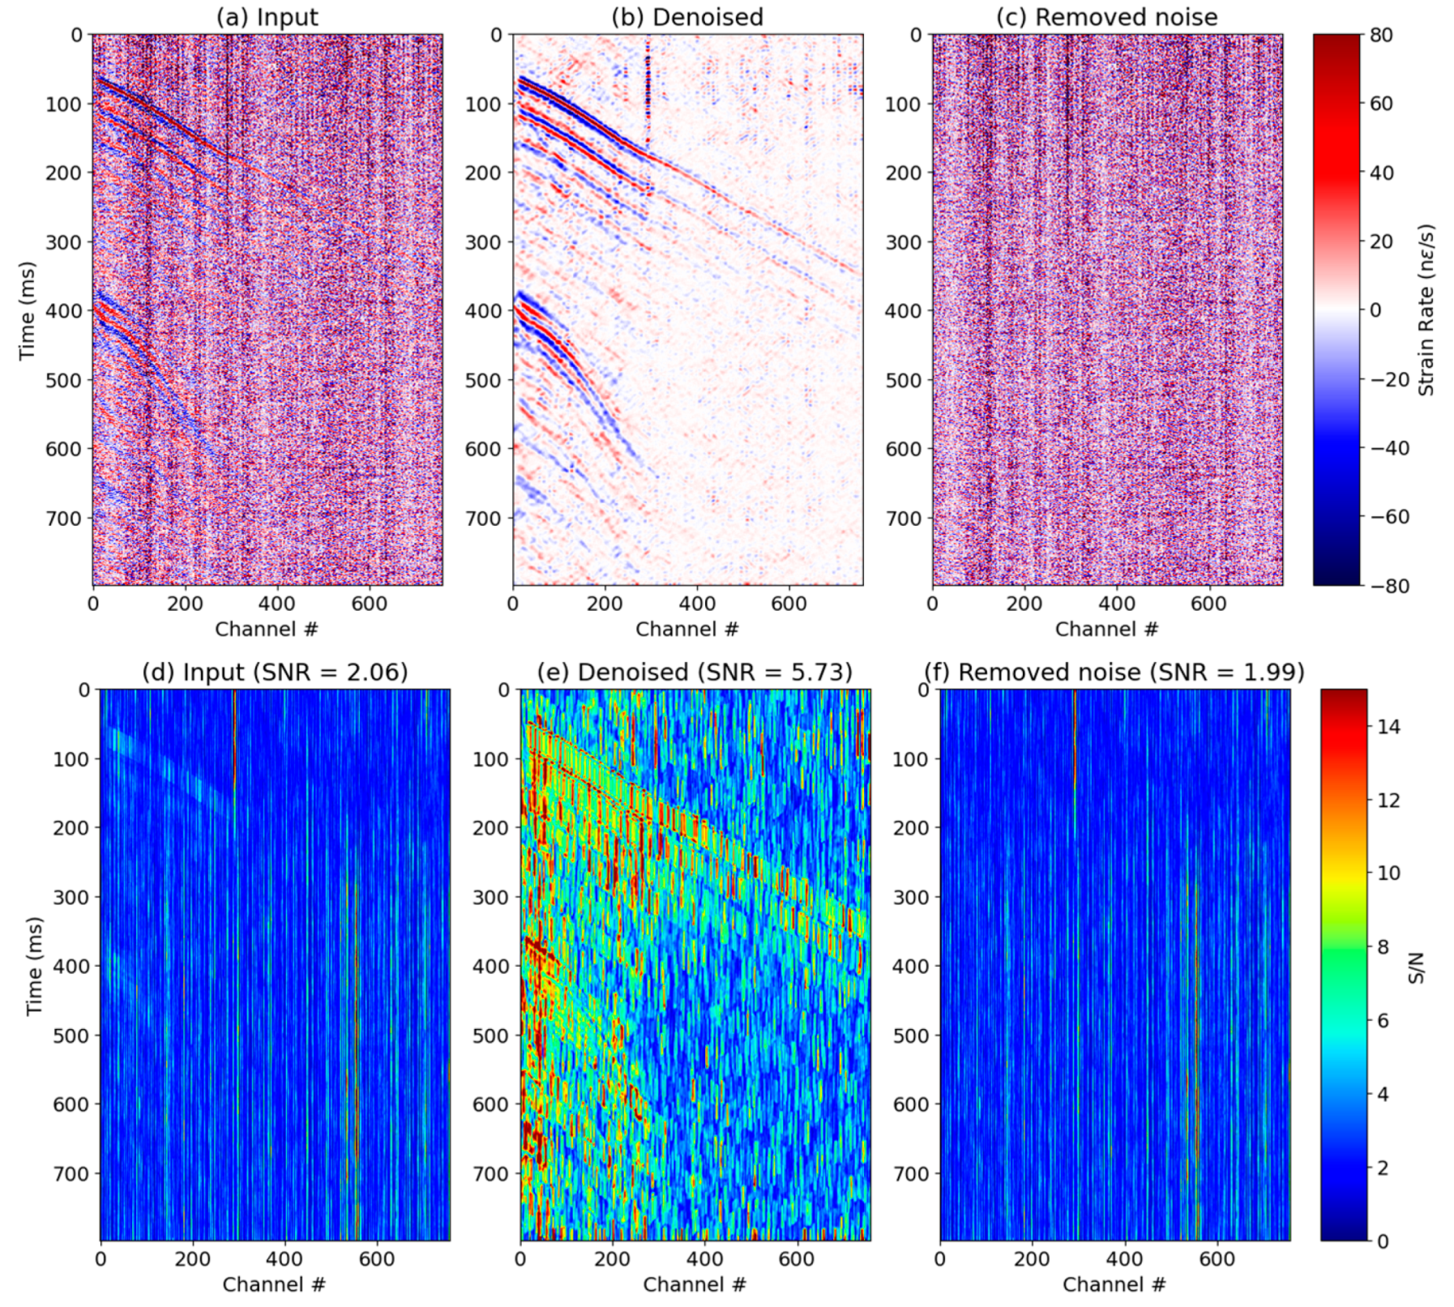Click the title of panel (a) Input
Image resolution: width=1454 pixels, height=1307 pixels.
[x=267, y=17]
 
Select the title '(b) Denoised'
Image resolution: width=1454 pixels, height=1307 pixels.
[x=686, y=17]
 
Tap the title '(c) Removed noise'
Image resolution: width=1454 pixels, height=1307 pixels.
[x=1106, y=17]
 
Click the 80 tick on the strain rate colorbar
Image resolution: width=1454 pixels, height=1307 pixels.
[x=1381, y=35]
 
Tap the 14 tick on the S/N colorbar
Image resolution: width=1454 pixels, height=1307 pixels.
[x=1388, y=727]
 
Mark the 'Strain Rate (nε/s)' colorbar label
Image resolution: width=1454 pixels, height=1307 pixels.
[x=1426, y=310]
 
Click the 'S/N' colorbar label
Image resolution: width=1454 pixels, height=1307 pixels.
[x=1416, y=967]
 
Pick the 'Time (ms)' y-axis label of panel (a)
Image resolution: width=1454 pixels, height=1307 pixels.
[x=28, y=310]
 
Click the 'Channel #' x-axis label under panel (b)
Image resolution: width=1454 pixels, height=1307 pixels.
[x=686, y=630]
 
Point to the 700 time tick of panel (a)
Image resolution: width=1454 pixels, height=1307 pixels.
[x=63, y=518]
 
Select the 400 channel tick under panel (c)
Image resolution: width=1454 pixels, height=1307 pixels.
[x=1117, y=604]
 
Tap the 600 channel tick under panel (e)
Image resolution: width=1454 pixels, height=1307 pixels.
[x=797, y=1259]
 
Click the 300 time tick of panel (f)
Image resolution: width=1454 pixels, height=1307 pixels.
[x=910, y=897]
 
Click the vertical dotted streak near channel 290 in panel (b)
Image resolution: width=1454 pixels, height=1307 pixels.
[x=648, y=89]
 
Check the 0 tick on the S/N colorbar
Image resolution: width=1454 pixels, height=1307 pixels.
[x=1383, y=1241]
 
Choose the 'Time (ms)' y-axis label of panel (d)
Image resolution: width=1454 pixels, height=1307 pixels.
[x=34, y=966]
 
